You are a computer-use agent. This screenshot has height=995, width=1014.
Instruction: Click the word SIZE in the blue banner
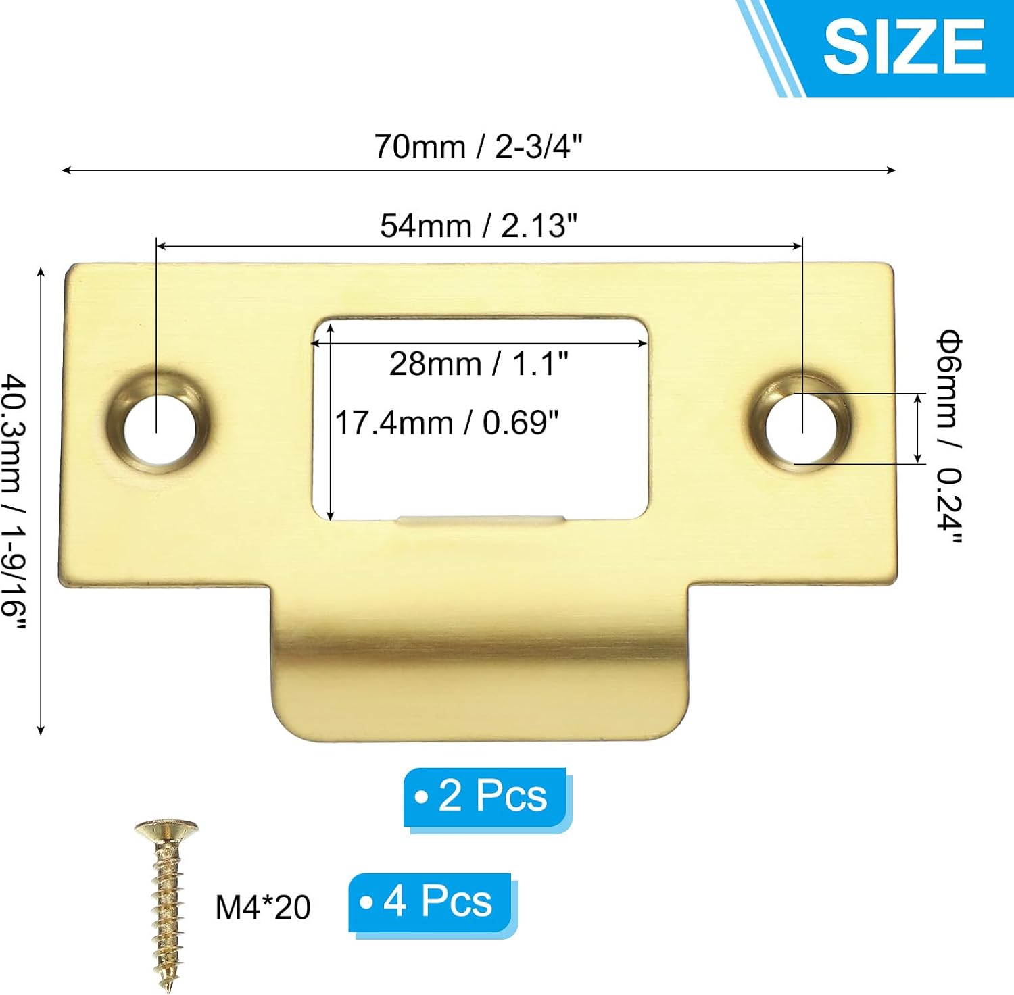coord(904,46)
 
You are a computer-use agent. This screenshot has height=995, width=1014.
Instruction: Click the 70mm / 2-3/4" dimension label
coord(478,147)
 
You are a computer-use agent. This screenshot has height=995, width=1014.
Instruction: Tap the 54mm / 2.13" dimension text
coord(479,226)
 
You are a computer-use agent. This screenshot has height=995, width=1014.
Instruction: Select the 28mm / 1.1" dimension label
coord(479,363)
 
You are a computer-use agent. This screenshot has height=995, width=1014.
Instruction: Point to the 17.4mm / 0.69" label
coord(447,423)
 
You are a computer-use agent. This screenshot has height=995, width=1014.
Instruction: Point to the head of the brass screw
coord(166,830)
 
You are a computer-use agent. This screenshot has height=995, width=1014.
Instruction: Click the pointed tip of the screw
coord(168,986)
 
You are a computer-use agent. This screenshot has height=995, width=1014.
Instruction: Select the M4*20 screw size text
coord(262,907)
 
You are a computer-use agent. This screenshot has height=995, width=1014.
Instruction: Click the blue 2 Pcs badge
coord(485,796)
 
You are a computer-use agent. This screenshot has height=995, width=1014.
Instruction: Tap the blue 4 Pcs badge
coord(431,902)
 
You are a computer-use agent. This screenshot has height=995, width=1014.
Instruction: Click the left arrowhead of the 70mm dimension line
coord(64,170)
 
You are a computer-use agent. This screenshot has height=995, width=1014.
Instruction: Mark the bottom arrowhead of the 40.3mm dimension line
coord(41,731)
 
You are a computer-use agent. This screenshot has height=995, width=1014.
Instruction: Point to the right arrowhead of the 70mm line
coord(893,170)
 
